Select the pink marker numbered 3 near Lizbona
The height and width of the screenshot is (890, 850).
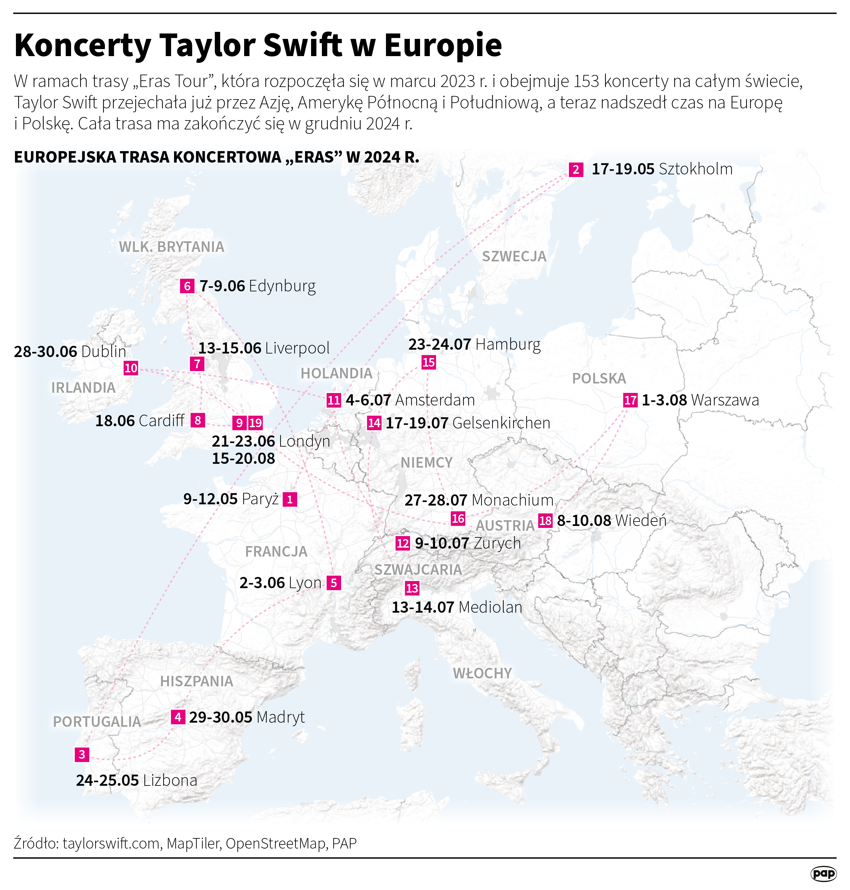tap(82, 755)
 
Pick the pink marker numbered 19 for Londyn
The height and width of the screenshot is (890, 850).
tap(256, 423)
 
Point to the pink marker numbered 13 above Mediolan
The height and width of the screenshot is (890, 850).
tap(412, 588)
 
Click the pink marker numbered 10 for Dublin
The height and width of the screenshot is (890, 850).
tap(131, 368)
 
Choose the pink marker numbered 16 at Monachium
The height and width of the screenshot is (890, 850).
tap(458, 518)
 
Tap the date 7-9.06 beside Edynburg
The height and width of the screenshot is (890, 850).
tap(222, 286)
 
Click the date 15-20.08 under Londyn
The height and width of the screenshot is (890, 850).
tap(243, 459)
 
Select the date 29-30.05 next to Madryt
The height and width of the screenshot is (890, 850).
tap(221, 717)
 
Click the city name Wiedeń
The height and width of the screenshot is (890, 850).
tap(641, 520)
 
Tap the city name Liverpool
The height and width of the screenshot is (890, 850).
tap(297, 348)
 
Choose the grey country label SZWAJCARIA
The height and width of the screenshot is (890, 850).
tap(418, 570)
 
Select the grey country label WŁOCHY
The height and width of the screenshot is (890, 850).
tap(482, 673)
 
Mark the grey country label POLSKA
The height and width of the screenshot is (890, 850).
tap(599, 378)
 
